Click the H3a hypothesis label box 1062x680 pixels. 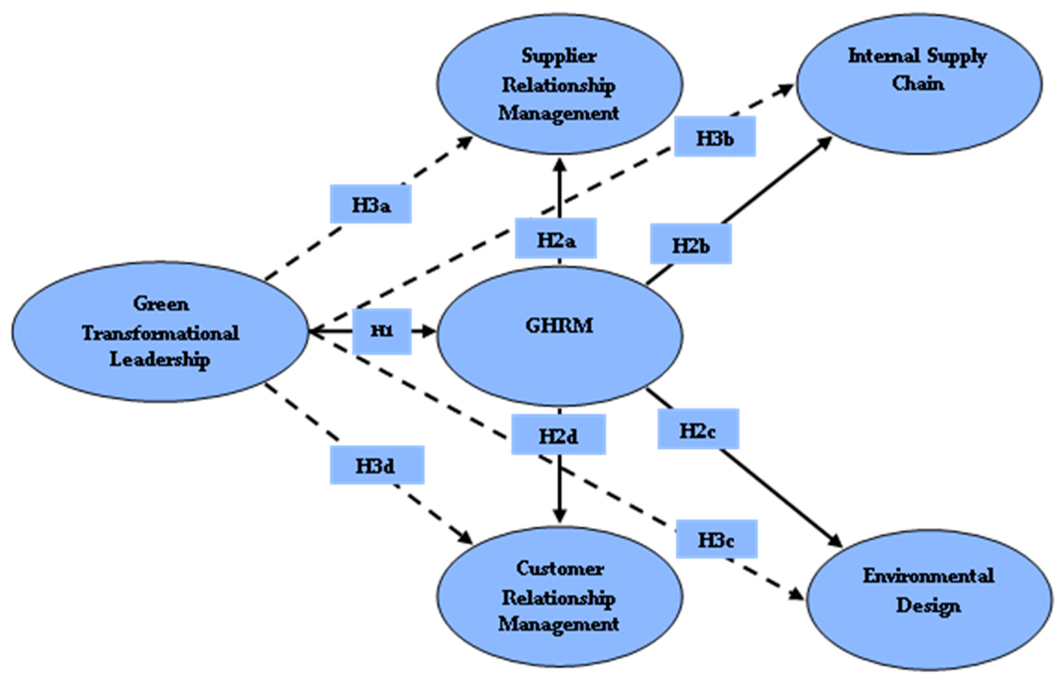click(370, 204)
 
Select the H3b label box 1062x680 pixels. click(715, 137)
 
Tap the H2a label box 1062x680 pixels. click(556, 239)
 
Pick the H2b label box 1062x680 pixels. click(691, 244)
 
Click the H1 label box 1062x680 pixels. click(382, 331)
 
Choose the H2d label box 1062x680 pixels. click(558, 434)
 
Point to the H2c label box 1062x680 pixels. click(698, 429)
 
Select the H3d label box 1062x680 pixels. click(377, 465)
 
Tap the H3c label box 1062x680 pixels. click(716, 539)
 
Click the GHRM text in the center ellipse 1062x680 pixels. click(559, 326)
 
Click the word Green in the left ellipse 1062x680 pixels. click(161, 304)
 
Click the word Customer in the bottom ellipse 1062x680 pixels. click(560, 569)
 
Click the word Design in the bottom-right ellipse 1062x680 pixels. click(928, 605)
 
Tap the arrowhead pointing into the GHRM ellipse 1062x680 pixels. click(428, 331)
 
